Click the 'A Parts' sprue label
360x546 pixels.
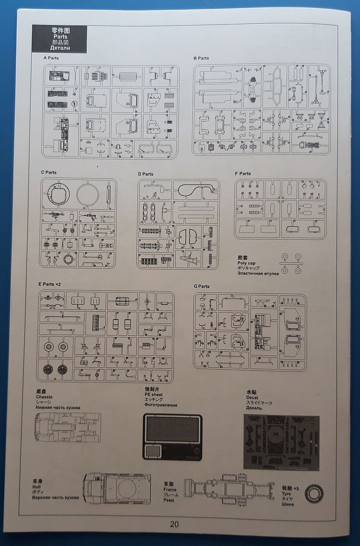(51, 58)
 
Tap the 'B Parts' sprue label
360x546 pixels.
(201, 58)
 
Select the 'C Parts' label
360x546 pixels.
(49, 173)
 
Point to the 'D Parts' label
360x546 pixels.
(145, 174)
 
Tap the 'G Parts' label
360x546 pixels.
(202, 287)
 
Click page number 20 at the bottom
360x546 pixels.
(174, 524)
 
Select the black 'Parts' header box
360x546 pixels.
(59, 39)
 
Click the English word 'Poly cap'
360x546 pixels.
(246, 263)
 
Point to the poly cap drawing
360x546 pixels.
(291, 263)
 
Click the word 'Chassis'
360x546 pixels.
(44, 397)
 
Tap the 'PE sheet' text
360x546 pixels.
(154, 394)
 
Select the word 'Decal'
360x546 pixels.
(252, 398)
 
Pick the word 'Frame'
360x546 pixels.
(170, 490)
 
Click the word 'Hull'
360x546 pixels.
(37, 487)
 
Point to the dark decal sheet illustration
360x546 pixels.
(281, 442)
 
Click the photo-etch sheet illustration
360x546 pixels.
(172, 437)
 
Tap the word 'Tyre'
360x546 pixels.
(286, 493)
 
